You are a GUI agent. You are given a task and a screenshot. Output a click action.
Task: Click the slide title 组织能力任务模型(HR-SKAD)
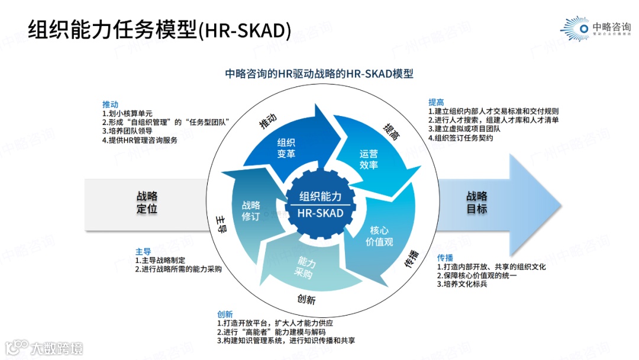(x=160, y=30)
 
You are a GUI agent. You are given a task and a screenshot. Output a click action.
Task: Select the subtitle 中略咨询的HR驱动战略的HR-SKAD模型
(x=319, y=73)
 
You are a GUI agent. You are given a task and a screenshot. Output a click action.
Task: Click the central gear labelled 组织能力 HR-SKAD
(x=320, y=205)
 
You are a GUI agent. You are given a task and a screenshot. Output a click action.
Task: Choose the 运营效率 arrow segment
(x=369, y=159)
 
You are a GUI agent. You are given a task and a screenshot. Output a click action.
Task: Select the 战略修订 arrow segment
(x=251, y=211)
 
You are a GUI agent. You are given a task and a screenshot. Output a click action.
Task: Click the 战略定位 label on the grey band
(x=147, y=202)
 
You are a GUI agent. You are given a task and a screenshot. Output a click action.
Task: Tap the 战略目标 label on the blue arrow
(x=477, y=202)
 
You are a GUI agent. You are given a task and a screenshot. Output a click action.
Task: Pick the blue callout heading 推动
(x=110, y=103)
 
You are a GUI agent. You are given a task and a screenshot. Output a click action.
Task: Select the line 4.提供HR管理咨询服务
(x=140, y=141)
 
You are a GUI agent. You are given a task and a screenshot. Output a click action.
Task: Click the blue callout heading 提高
(x=436, y=102)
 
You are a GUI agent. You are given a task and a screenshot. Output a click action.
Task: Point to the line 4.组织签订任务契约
(x=464, y=138)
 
